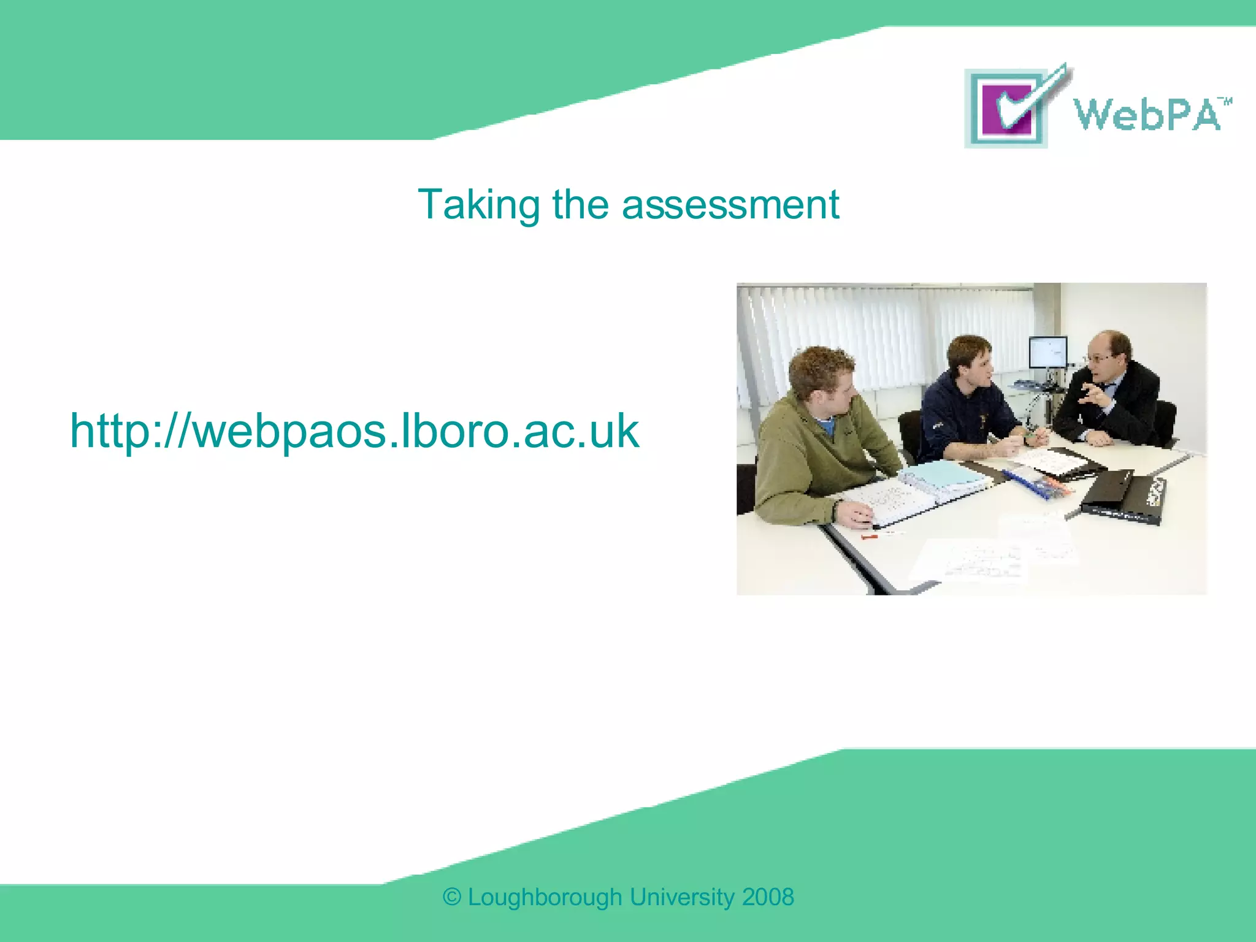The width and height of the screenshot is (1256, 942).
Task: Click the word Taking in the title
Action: (x=478, y=205)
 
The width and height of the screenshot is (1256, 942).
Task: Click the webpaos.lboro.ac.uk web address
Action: (x=354, y=431)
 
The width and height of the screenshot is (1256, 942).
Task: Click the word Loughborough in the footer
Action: (x=545, y=897)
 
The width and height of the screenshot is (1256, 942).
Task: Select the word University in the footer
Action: (x=681, y=897)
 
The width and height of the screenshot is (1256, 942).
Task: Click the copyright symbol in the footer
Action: (x=452, y=897)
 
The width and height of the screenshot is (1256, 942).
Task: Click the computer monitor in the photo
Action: (x=1047, y=353)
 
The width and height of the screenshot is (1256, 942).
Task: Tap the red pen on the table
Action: (x=870, y=537)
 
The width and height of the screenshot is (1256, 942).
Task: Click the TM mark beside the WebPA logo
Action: (x=1225, y=101)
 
